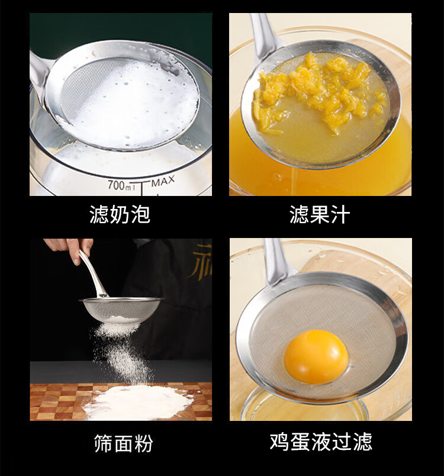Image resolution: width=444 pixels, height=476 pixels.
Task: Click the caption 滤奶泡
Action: [x=120, y=214]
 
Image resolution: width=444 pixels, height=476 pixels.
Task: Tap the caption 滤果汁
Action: [x=320, y=214]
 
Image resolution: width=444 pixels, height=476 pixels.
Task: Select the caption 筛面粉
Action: [x=123, y=443]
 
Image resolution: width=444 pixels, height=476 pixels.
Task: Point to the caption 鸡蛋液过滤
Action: [x=321, y=442]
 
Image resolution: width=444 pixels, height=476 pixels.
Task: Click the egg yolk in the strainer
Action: [x=316, y=357]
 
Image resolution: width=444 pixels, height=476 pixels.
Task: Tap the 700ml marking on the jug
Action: [x=121, y=185]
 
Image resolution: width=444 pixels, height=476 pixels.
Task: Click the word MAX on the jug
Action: [x=163, y=181]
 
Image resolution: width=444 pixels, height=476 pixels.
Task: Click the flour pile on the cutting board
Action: [x=138, y=401]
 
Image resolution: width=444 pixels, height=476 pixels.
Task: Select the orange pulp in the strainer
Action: [x=318, y=91]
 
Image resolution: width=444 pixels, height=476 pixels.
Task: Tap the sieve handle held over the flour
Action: [x=92, y=273]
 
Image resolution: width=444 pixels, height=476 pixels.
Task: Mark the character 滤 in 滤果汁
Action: [x=299, y=214]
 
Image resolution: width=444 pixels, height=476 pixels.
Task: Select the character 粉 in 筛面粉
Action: [x=143, y=443]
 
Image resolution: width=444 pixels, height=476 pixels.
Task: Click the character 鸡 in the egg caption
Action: [x=279, y=442]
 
